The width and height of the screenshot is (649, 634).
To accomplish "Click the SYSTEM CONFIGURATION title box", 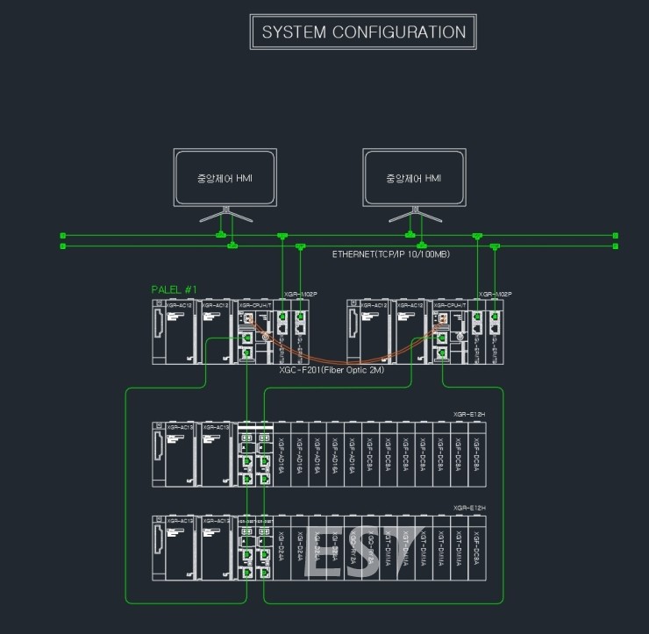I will [364, 32].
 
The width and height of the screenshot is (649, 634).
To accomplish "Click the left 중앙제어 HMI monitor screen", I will [225, 178].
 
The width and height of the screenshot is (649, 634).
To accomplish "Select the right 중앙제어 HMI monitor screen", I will [414, 178].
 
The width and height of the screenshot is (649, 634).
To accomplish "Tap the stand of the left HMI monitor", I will [225, 216].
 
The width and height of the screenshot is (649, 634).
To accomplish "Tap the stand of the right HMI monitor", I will [414, 216].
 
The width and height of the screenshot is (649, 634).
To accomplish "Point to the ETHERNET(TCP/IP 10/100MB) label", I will [391, 253].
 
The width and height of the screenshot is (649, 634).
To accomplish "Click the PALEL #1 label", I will [175, 289].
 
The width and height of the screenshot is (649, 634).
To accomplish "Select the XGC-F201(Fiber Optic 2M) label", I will [332, 370].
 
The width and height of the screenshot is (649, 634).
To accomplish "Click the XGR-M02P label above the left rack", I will [299, 295].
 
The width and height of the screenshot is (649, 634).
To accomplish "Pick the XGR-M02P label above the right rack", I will [495, 295].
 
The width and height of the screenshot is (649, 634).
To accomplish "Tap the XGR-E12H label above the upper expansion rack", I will [469, 414].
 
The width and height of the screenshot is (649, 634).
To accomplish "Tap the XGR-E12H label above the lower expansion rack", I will [469, 508].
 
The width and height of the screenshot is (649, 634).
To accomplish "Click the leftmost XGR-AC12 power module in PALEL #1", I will [173, 331].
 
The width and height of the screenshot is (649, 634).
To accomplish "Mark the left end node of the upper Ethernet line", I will [62, 235].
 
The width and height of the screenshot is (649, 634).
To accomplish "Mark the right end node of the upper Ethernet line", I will [616, 235].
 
